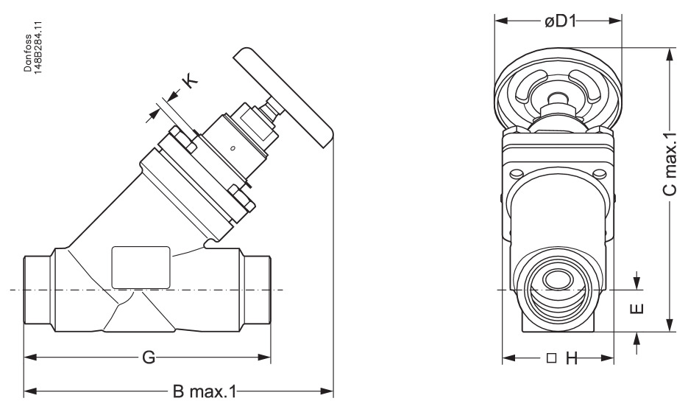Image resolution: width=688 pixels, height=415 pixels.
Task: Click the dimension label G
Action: click(x=148, y=359)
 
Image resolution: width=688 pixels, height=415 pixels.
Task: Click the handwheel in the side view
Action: click(x=283, y=96)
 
